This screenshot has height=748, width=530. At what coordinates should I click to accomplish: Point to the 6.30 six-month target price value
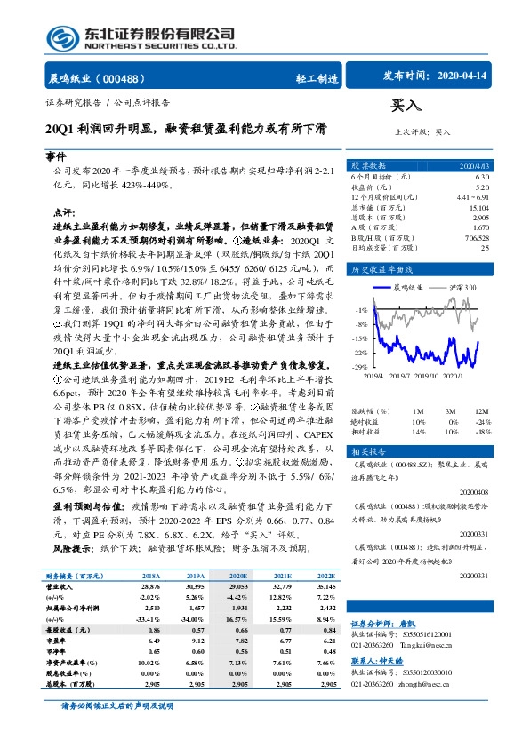pos(481,176)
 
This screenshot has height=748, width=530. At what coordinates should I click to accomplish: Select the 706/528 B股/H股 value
pos(477,237)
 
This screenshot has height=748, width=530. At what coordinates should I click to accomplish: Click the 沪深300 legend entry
pos(464,288)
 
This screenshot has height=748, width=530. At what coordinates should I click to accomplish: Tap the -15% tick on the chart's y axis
pos(359,338)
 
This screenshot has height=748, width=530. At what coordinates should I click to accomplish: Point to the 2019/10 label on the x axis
pos(430,375)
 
